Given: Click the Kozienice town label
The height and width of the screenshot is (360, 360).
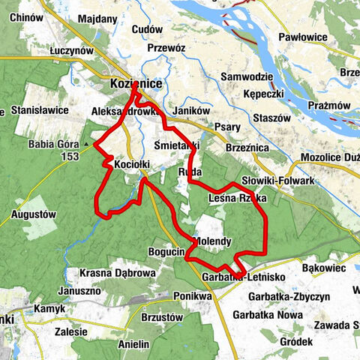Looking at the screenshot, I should pos(136,84).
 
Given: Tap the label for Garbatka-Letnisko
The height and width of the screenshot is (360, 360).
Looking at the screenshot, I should pos(242,277).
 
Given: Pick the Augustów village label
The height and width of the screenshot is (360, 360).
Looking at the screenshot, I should pos(34,214).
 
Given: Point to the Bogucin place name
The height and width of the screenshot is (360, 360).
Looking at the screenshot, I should pos(166,253).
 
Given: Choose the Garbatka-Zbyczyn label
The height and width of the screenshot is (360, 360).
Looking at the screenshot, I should pos(287,297).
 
